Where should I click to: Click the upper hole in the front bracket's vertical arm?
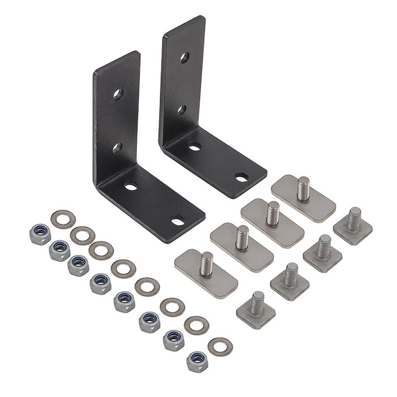[x=118, y=94]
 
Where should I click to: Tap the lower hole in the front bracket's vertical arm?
[x=117, y=148]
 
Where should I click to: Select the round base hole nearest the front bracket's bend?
[x=131, y=186]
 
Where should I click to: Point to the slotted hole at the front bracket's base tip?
[x=178, y=221]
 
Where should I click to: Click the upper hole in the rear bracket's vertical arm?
[x=184, y=57]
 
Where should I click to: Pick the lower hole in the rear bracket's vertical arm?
[x=181, y=109]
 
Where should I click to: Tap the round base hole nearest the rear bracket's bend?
[x=194, y=147]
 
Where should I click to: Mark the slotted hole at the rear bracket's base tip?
[x=241, y=177]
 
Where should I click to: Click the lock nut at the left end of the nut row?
[x=40, y=235]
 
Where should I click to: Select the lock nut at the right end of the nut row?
[x=197, y=361]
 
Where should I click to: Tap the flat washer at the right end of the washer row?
[x=220, y=347]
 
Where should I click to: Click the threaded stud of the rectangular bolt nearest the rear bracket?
[x=304, y=188]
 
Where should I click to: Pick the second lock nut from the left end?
[x=60, y=250]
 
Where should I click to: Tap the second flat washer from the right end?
[x=197, y=325]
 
